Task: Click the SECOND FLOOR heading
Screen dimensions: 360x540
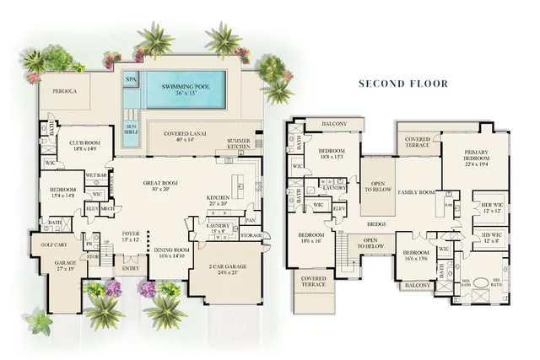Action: [x=403, y=83]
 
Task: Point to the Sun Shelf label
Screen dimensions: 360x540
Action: [x=131, y=129]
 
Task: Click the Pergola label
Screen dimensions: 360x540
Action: [x=65, y=89]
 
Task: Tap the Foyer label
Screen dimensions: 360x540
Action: [x=132, y=236]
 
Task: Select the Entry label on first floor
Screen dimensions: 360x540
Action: [x=131, y=269]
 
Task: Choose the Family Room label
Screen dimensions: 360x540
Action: [x=416, y=192]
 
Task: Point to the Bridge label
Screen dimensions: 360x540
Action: [x=376, y=225]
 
